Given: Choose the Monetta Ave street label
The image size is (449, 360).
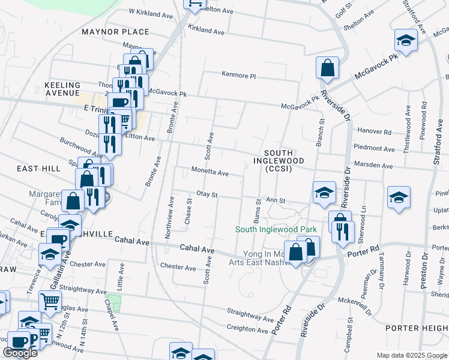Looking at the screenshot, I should (x=209, y=173).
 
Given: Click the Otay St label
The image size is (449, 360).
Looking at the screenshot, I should (x=206, y=195).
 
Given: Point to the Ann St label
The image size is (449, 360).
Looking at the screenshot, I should (x=276, y=200).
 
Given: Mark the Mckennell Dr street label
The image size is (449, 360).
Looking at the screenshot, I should (x=355, y=301).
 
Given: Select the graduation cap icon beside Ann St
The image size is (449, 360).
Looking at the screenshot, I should (x=324, y=192).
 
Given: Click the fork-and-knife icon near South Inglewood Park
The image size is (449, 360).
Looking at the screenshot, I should (x=343, y=232).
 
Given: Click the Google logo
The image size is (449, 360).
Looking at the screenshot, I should (x=20, y=353).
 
